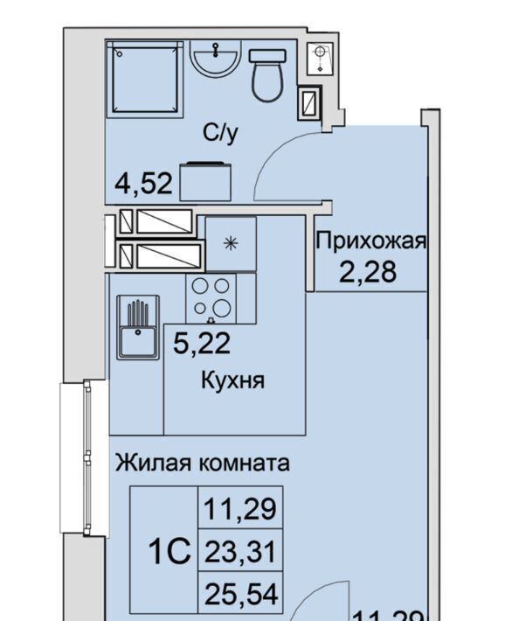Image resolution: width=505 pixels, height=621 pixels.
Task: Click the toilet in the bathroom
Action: (x=267, y=75)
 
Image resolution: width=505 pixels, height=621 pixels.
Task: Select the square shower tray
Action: (x=144, y=80)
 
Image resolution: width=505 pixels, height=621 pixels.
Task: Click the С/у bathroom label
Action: (x=221, y=133)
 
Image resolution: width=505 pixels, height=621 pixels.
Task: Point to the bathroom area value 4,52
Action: (x=144, y=184)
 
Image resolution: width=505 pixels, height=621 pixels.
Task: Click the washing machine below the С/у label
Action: (x=205, y=181)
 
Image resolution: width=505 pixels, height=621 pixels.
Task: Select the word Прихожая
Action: (x=371, y=241)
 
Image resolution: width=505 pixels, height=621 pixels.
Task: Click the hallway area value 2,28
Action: (x=368, y=272)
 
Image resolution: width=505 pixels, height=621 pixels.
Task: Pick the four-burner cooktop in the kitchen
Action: (x=211, y=298)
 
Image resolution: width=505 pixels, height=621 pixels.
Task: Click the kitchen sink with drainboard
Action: (x=138, y=327)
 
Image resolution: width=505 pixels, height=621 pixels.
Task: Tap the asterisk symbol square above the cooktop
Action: (x=231, y=243)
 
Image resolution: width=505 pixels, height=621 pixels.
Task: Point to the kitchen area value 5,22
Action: (x=202, y=344)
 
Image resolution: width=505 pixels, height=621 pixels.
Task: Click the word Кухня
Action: (x=232, y=380)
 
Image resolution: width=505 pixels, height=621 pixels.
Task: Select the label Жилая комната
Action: (x=202, y=463)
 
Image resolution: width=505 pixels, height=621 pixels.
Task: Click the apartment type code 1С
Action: (x=169, y=552)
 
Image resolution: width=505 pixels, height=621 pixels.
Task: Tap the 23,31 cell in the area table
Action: (x=240, y=551)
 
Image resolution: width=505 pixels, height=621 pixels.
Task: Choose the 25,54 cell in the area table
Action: (x=240, y=593)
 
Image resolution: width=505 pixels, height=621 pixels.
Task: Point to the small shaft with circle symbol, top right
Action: (x=321, y=58)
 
